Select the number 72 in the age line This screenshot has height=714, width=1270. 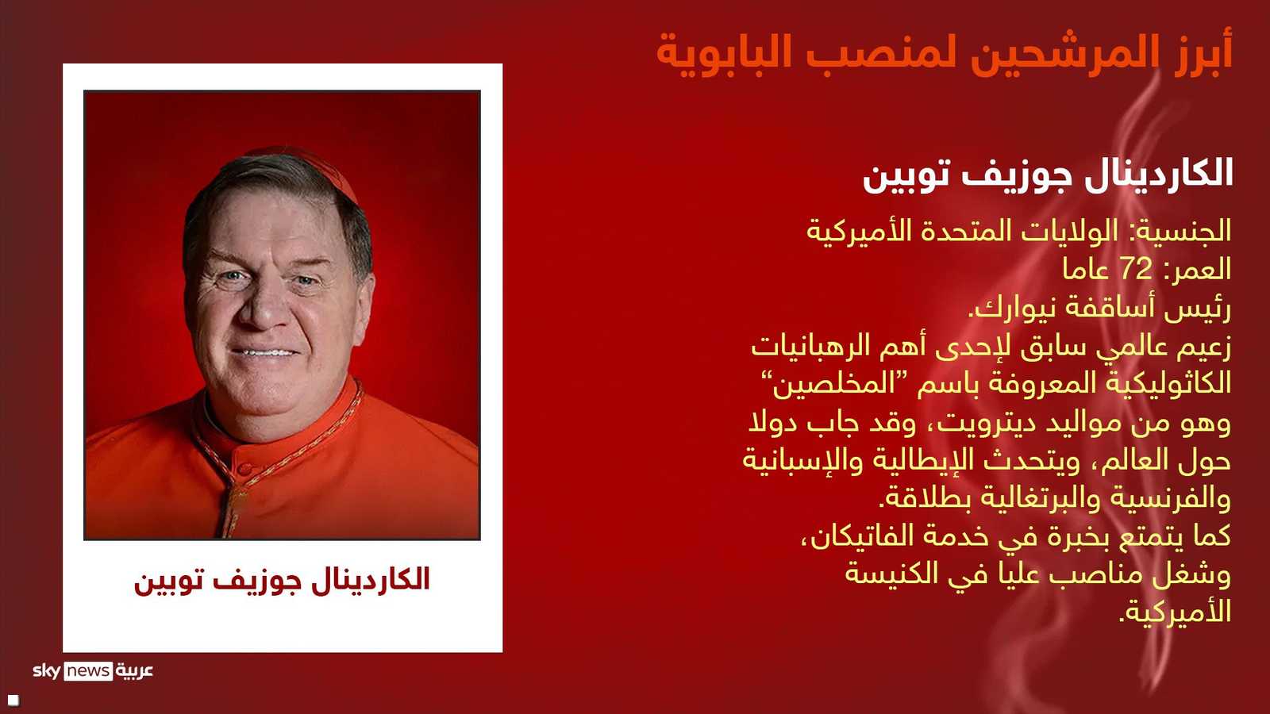pyautogui.click(x=1136, y=270)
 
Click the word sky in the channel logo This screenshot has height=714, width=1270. pyautogui.click(x=47, y=670)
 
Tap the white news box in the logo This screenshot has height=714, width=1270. pyautogui.click(x=88, y=671)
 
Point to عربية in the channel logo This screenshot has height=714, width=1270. pyautogui.click(x=134, y=671)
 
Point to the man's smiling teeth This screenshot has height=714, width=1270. pyautogui.click(x=265, y=352)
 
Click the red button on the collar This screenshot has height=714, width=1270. pyautogui.click(x=244, y=468)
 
